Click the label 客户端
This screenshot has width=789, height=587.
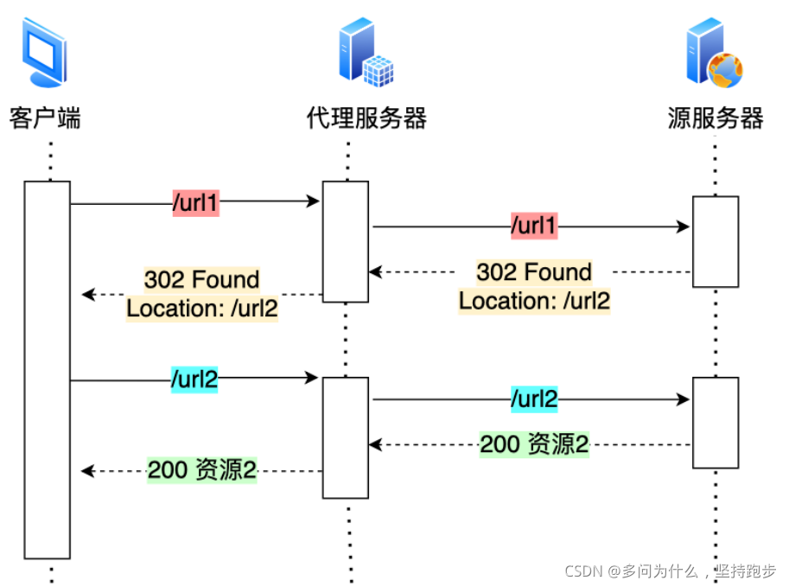pyautogui.click(x=46, y=118)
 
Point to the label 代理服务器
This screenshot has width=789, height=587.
pyautogui.click(x=366, y=118)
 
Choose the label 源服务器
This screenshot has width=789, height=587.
pyautogui.click(x=716, y=118)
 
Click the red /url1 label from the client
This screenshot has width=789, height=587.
pyautogui.click(x=196, y=203)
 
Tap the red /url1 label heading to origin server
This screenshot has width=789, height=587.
pyautogui.click(x=534, y=227)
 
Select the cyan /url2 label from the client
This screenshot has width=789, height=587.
pyautogui.click(x=195, y=380)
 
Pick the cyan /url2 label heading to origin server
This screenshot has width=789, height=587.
pyautogui.click(x=533, y=399)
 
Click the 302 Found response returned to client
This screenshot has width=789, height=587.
pyautogui.click(x=202, y=294)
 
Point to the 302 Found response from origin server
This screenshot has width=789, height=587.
pyautogui.click(x=534, y=286)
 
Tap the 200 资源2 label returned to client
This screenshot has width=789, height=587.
pyautogui.click(x=201, y=471)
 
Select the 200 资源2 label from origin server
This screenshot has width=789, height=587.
pyautogui.click(x=534, y=444)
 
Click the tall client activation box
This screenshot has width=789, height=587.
pyautogui.click(x=47, y=369)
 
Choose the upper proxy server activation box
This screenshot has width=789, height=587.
pyautogui.click(x=346, y=241)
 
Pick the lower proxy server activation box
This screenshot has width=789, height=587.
pyautogui.click(x=346, y=437)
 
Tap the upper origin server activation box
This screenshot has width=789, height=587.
pyautogui.click(x=716, y=241)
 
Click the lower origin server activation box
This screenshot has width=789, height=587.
pyautogui.click(x=716, y=422)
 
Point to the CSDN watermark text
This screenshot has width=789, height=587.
pyautogui.click(x=671, y=571)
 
